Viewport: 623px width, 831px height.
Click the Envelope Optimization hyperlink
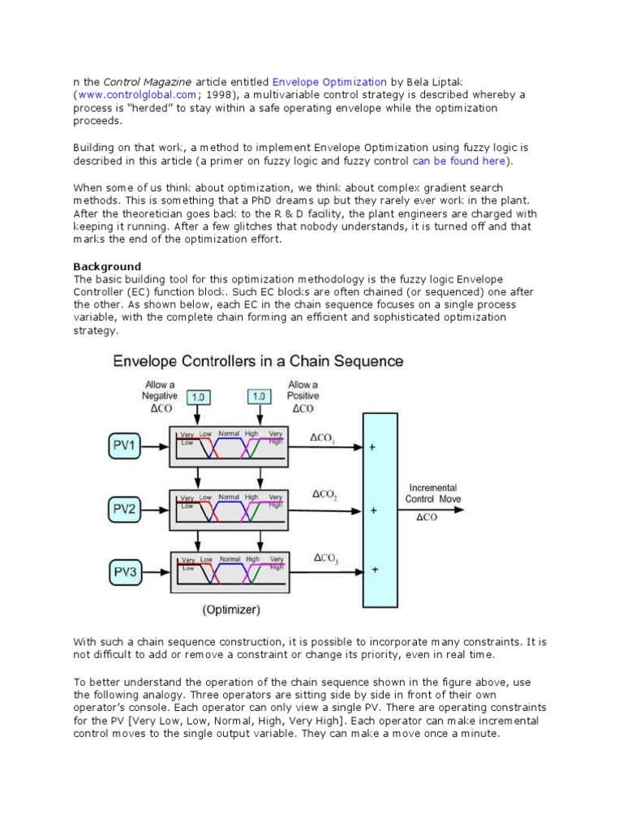(x=329, y=82)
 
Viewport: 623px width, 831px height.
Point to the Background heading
(x=107, y=266)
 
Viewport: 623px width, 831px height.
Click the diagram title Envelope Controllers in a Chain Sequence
(x=258, y=360)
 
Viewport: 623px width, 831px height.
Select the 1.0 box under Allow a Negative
(x=199, y=396)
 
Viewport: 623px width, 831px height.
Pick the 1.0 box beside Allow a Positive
(x=259, y=396)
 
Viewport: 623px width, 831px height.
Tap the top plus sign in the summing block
(x=373, y=446)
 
